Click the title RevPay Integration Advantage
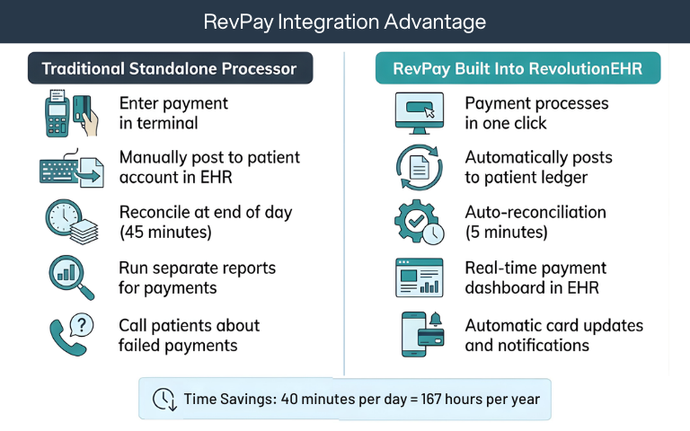(x=345, y=22)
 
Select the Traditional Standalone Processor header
(x=170, y=68)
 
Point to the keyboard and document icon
(x=71, y=167)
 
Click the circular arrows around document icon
(x=420, y=167)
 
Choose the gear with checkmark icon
(x=420, y=223)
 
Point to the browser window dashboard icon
(x=420, y=278)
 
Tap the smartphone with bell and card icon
(x=420, y=333)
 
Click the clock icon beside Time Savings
(x=164, y=398)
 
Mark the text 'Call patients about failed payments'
(x=189, y=335)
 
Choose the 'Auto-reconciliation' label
(x=535, y=213)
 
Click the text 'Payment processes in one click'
(x=536, y=113)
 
